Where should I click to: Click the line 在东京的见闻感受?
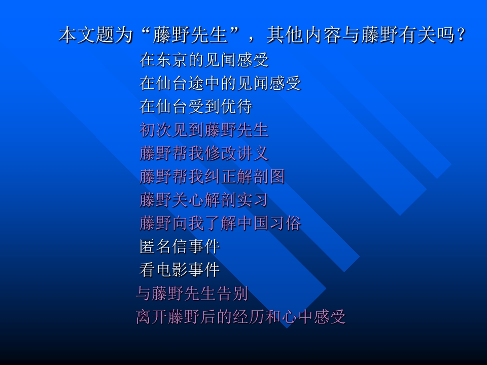tap(204, 60)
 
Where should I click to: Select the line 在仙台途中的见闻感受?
tap(220, 83)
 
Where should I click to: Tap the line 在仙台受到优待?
tap(196, 107)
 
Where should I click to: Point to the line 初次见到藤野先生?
tap(204, 130)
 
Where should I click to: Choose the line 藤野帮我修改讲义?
tap(204, 153)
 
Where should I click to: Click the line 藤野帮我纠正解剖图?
tap(212, 176)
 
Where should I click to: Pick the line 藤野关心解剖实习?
tap(204, 200)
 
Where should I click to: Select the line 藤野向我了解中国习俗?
tap(220, 223)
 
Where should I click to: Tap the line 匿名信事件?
tap(180, 246)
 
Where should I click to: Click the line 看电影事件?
tap(180, 270)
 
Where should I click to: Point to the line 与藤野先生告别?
tap(192, 293)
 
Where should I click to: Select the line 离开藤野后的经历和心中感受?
tap(240, 317)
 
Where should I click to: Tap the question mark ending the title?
tap(461, 36)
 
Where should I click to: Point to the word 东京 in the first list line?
tap(171, 60)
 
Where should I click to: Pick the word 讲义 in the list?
tap(253, 153)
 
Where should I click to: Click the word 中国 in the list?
tap(253, 223)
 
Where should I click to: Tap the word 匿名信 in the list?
tap(163, 246)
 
